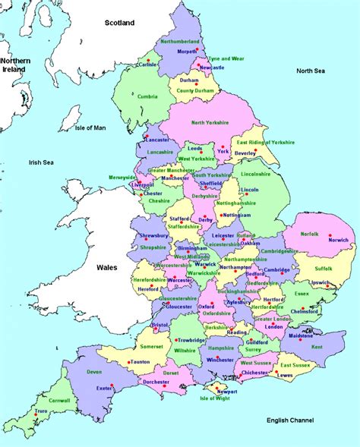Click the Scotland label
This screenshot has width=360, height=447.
119,23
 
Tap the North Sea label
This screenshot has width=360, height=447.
310,71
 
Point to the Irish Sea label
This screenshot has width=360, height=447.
44,162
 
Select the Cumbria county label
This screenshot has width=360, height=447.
147,96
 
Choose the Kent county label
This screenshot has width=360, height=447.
316,347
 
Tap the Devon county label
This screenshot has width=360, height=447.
94,372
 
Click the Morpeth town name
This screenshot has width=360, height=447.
187,51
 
